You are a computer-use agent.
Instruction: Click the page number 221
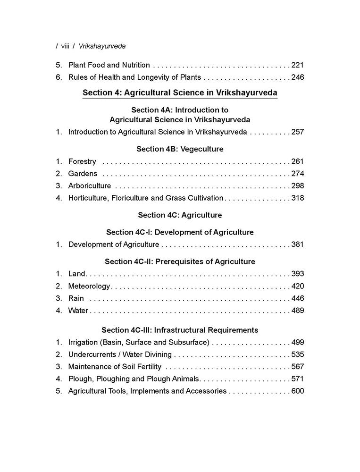[298, 65]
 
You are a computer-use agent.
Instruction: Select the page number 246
[298, 77]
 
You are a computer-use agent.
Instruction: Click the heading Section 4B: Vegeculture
[180, 149]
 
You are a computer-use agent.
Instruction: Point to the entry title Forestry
[82, 161]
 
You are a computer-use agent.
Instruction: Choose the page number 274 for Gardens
[298, 174]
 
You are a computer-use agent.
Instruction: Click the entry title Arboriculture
[90, 186]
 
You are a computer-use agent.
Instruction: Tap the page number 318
[298, 198]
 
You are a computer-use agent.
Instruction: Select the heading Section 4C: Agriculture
[180, 215]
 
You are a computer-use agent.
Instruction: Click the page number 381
[298, 244]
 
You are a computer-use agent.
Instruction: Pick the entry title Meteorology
[89, 286]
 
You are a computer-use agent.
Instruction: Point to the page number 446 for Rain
[298, 298]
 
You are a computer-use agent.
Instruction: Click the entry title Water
[78, 311]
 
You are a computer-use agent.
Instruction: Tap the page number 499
[298, 342]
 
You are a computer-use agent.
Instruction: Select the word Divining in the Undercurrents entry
[158, 354]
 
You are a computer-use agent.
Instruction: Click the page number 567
[298, 367]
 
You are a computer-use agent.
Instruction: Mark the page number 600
[298, 391]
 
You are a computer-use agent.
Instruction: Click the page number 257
[298, 132]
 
